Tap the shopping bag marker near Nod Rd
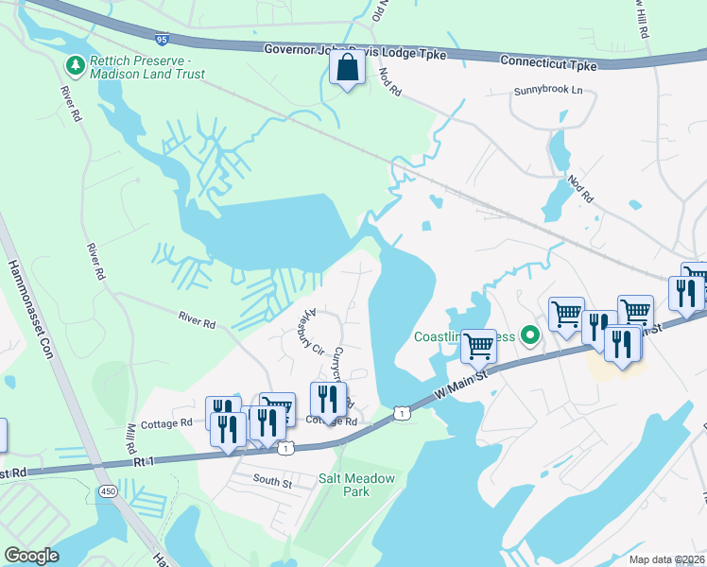[348, 69]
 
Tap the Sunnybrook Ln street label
[548, 92]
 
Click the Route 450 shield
[106, 491]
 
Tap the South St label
[272, 481]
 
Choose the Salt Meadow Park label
[356, 485]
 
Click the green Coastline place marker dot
[530, 335]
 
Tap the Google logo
[32, 555]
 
